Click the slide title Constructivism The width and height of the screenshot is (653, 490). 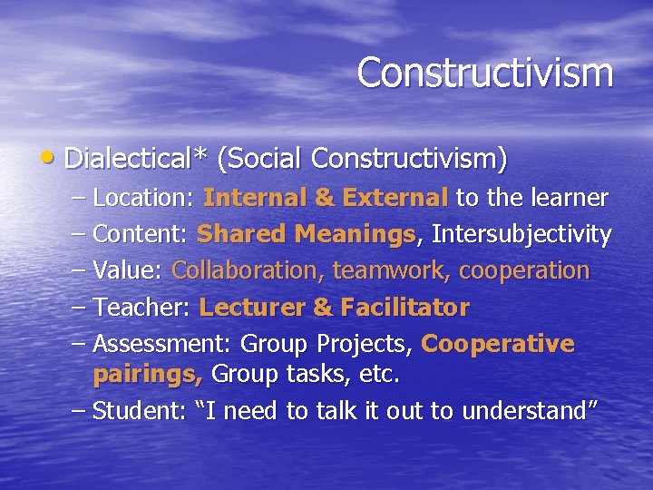pyautogui.click(x=484, y=73)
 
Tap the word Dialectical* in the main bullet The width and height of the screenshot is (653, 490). pyautogui.click(x=135, y=159)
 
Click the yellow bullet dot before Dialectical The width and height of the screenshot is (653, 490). pyautogui.click(x=54, y=159)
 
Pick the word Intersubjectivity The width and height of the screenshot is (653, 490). pyautogui.click(x=521, y=235)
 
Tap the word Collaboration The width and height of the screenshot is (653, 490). pyautogui.click(x=249, y=271)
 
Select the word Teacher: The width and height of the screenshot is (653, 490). pyautogui.click(x=141, y=308)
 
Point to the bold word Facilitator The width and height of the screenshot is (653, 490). pyautogui.click(x=404, y=308)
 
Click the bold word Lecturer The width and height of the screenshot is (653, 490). pyautogui.click(x=251, y=308)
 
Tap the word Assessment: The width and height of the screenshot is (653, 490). pyautogui.click(x=164, y=345)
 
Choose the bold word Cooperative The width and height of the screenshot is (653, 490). pyautogui.click(x=498, y=345)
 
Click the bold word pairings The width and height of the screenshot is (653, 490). pyautogui.click(x=148, y=374)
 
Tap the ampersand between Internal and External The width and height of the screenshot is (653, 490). pyautogui.click(x=323, y=198)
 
